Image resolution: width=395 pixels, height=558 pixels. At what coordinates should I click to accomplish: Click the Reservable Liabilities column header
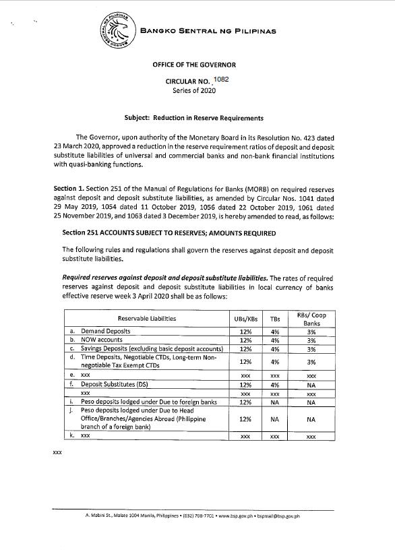[146, 318]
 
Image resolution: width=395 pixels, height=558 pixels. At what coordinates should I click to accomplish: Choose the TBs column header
[274, 318]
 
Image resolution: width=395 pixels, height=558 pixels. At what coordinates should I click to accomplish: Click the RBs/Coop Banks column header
[311, 318]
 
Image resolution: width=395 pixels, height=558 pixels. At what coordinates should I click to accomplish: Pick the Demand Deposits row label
[105, 332]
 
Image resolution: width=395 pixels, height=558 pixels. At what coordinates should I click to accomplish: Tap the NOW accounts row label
[102, 340]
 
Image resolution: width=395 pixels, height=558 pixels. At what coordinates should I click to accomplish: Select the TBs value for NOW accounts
[274, 340]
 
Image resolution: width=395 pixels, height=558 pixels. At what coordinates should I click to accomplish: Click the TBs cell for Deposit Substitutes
[274, 384]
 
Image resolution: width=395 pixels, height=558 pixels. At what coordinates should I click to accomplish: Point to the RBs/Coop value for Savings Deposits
[311, 349]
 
